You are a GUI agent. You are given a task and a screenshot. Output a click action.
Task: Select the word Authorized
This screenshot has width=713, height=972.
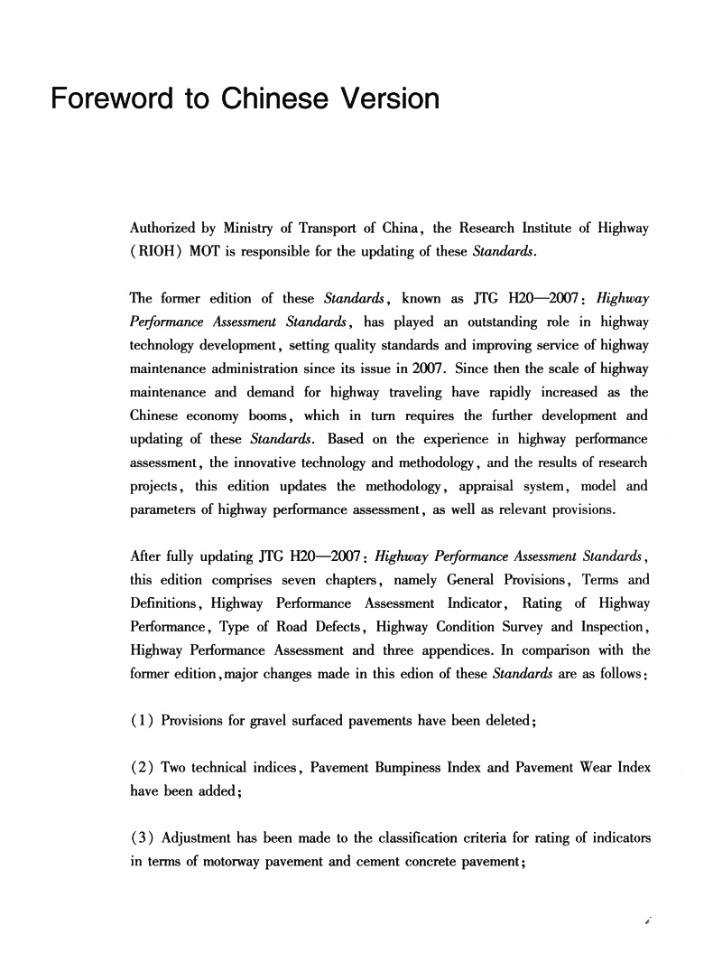click(x=167, y=229)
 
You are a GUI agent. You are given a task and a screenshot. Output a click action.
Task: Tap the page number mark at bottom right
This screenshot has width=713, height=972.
click(x=649, y=921)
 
